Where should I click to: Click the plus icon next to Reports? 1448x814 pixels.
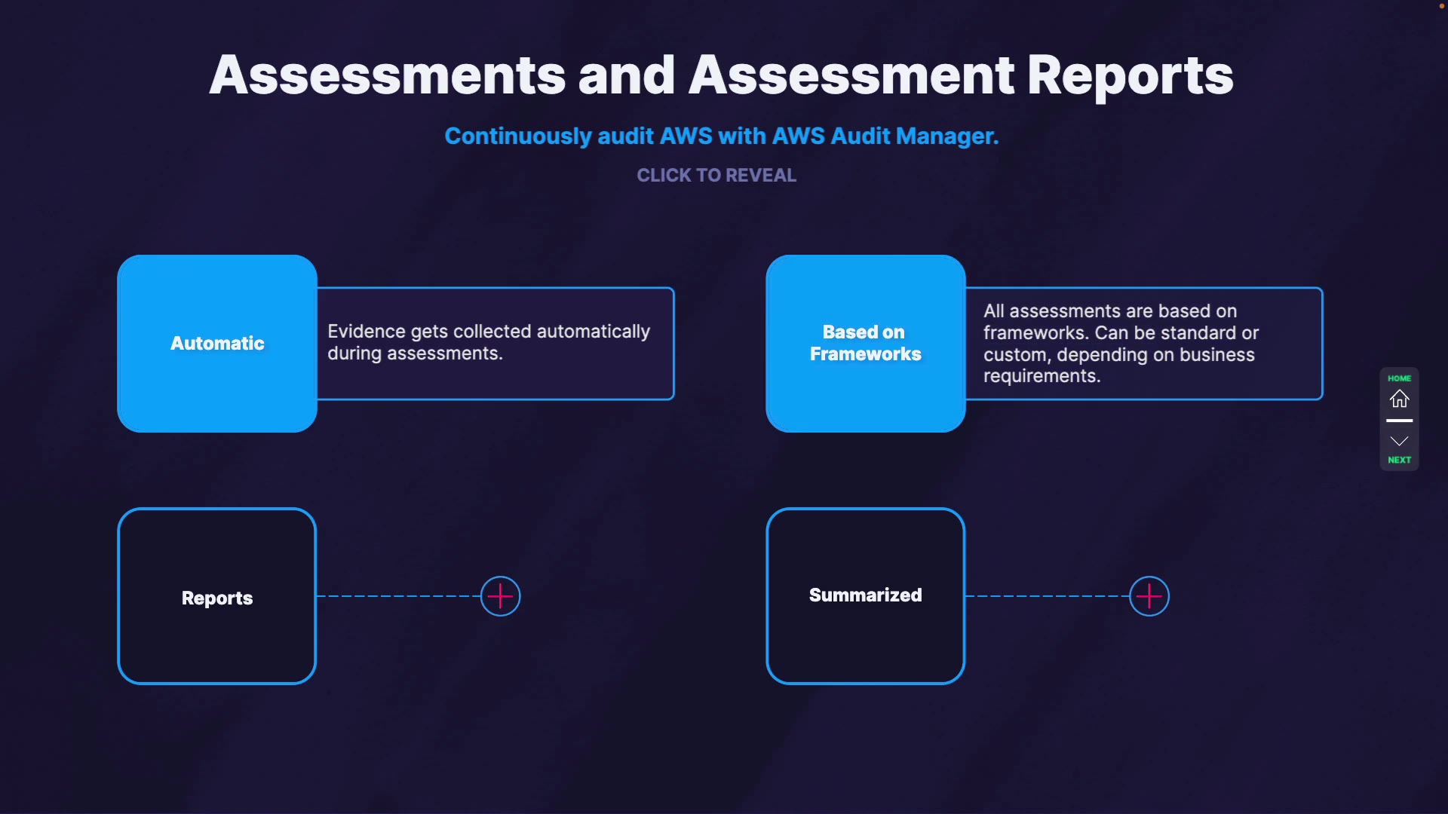500,596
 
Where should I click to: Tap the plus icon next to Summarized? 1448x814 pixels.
1149,596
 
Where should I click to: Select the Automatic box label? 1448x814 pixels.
217,344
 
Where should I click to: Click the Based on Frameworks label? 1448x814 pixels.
865,344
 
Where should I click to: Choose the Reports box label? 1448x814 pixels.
217,598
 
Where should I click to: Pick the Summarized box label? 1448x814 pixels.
865,595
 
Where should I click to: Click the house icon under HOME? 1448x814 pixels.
1399,399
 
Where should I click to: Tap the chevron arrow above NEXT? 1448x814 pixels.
1399,441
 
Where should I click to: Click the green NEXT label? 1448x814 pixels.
1399,460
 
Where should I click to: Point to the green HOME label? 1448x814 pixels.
1399,378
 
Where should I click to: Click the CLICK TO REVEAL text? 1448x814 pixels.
716,176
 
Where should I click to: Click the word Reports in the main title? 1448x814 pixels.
1130,76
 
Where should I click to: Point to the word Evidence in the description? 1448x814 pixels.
366,332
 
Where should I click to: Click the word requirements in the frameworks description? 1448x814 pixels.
1041,376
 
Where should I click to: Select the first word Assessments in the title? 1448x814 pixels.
387,76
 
